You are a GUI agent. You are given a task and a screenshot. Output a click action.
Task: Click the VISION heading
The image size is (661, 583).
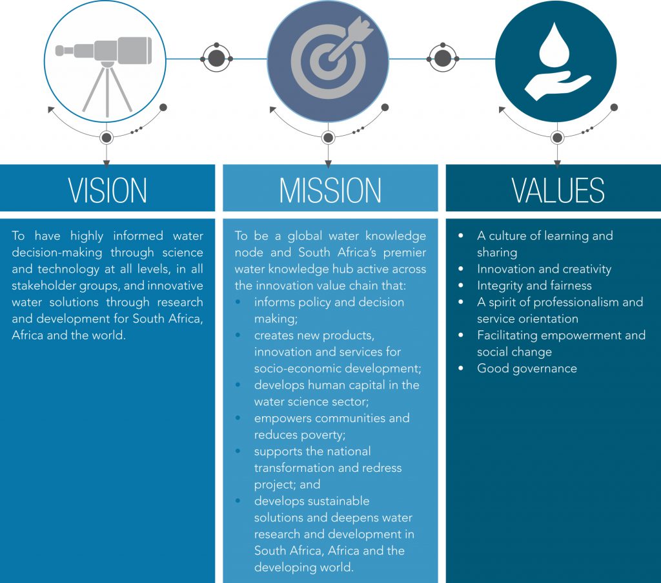point(108,189)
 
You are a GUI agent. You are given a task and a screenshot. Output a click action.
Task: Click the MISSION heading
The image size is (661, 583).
point(330,189)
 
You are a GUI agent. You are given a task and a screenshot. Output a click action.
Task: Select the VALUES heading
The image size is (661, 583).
point(558,189)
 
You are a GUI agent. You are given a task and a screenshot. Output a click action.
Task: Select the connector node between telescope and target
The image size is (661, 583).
point(216,59)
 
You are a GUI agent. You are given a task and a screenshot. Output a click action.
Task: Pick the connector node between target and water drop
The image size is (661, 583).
point(442,59)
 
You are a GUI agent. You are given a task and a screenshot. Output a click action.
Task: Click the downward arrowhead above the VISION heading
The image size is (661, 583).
point(107,162)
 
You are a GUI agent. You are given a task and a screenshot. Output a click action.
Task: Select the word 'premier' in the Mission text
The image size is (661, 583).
point(404,252)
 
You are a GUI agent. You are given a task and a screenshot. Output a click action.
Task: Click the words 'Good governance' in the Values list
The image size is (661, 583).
point(527,368)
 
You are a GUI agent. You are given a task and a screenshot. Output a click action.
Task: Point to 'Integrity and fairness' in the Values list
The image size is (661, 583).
point(534,286)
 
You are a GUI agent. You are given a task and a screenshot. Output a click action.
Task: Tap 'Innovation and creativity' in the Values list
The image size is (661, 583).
point(544,269)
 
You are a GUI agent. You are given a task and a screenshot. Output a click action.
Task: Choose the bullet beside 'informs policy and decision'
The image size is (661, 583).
point(241,302)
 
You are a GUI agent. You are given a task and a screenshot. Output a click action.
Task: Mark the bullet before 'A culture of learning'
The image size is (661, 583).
point(460,236)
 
